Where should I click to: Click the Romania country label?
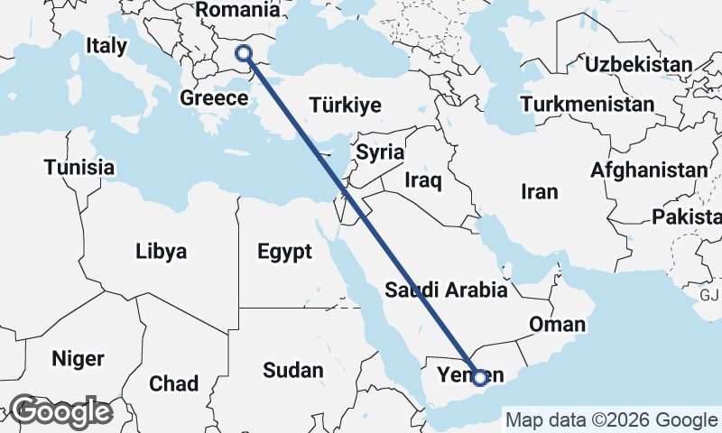(x=237, y=10)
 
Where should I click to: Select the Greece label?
(x=214, y=97)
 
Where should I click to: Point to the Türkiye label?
(x=345, y=105)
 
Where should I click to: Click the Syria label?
(x=380, y=152)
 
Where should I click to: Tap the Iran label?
(x=540, y=191)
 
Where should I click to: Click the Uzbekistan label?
(x=638, y=64)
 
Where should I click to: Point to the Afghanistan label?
(x=649, y=170)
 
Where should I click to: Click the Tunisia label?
(x=79, y=168)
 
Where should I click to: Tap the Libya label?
(x=162, y=251)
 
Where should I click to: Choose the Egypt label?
(x=284, y=251)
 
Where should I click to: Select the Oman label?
(x=559, y=325)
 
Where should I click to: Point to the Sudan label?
(x=293, y=370)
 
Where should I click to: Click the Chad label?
(x=173, y=384)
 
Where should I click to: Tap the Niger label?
(x=78, y=358)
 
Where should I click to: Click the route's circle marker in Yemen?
(x=481, y=376)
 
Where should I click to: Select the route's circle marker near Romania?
(x=244, y=52)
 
